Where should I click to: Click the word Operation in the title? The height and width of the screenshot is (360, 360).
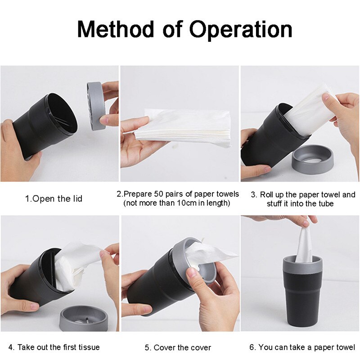[x=241, y=30]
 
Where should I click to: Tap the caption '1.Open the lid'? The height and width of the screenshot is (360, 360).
[x=54, y=198]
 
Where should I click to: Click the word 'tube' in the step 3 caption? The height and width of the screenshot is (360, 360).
[x=321, y=204]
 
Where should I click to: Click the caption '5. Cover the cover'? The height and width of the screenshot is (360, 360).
[x=178, y=347]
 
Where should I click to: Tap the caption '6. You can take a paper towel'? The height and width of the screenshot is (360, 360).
[x=302, y=347]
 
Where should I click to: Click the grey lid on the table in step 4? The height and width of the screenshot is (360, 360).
[x=84, y=319]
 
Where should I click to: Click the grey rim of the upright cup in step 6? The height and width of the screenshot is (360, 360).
[x=302, y=264]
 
